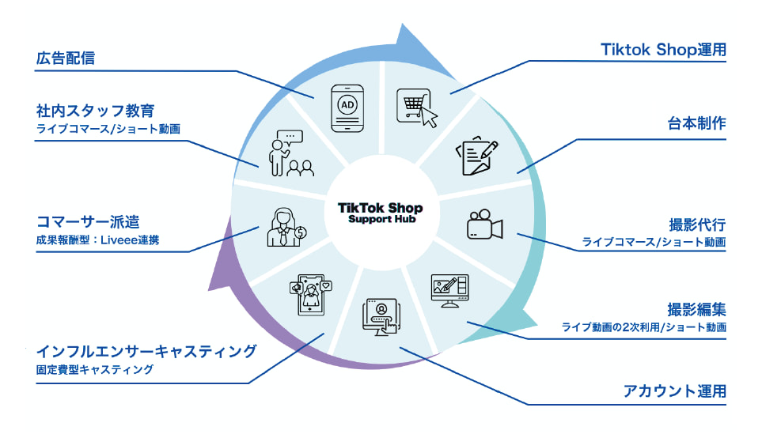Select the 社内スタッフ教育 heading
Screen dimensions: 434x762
(x=94, y=109)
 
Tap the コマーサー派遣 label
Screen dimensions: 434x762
(x=89, y=221)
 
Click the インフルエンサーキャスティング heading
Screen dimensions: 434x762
(x=146, y=350)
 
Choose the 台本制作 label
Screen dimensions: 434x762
(x=696, y=123)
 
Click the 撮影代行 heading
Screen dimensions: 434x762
(x=696, y=224)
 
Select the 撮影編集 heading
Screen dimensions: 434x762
(x=696, y=308)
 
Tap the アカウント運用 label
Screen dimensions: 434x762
(x=675, y=391)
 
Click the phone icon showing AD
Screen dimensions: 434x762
(x=347, y=107)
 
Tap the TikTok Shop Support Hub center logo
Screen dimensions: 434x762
(x=380, y=213)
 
